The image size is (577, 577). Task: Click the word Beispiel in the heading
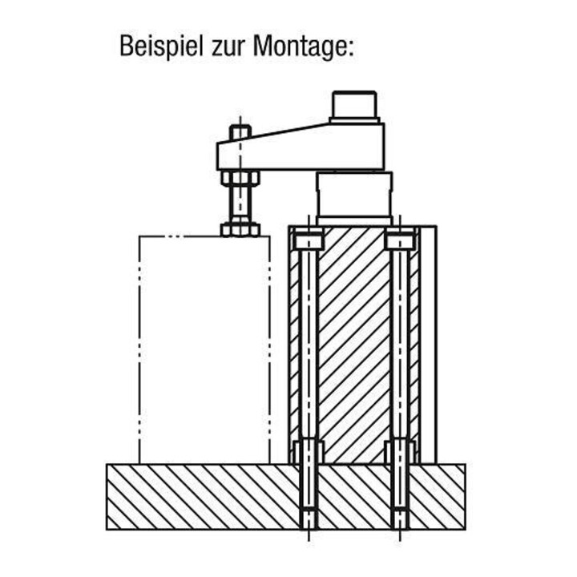[x=161, y=46]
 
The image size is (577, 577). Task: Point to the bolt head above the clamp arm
[x=240, y=132]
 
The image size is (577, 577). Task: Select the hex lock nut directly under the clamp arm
[x=240, y=178]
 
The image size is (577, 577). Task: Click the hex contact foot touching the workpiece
[x=240, y=229]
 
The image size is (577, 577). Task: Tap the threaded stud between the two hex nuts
[x=240, y=204]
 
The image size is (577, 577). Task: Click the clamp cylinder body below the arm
[x=354, y=198]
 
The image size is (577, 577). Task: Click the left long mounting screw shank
[x=309, y=344]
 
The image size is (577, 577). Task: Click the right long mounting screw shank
[x=401, y=344]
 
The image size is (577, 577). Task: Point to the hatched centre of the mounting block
[x=354, y=344]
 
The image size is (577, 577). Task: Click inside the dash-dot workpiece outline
[x=204, y=349]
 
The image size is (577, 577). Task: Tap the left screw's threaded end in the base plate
[x=309, y=518]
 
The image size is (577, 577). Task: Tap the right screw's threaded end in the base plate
[x=401, y=518]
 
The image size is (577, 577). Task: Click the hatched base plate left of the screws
[x=203, y=497]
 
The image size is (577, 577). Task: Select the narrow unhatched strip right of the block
[x=429, y=345]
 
